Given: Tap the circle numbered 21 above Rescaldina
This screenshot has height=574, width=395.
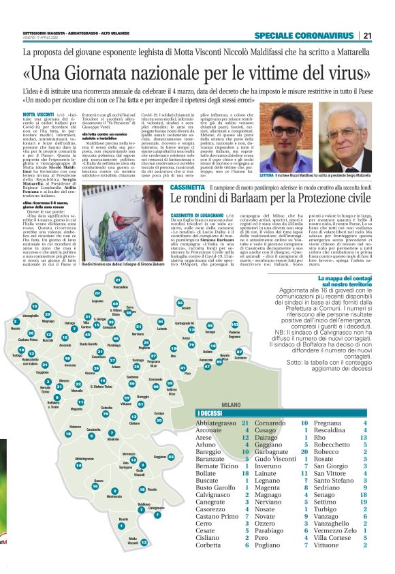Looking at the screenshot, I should (x=117, y=280).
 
